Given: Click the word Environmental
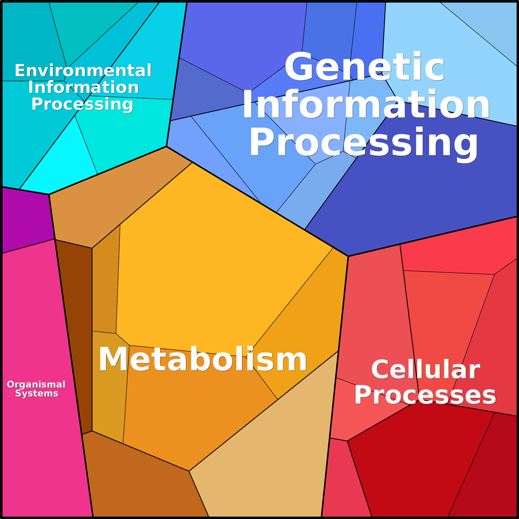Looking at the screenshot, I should [x=83, y=71].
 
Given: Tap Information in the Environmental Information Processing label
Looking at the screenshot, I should [x=83, y=88].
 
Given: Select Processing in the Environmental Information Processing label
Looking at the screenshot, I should [x=82, y=104].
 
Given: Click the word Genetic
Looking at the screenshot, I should [x=364, y=67].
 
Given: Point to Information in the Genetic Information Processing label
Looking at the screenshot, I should [x=366, y=104].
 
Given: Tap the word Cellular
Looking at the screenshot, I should [x=426, y=370].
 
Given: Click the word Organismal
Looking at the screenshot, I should [x=36, y=384].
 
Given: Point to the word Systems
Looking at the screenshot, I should [x=37, y=393].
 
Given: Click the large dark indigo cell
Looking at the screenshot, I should [x=430, y=188].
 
